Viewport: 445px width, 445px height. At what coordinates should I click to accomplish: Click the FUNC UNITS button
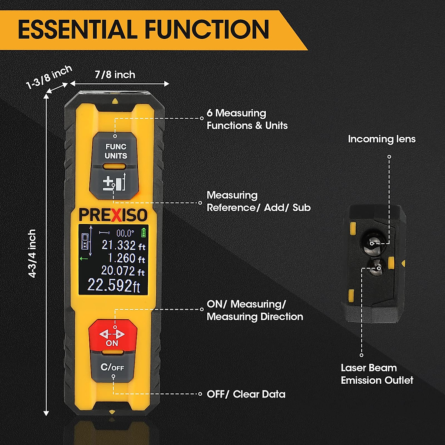tap(115, 151)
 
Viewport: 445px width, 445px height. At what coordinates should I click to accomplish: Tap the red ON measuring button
tap(112, 336)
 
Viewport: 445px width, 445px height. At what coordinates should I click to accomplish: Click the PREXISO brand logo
tap(113, 215)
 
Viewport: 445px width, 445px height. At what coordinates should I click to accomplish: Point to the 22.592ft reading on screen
tap(114, 286)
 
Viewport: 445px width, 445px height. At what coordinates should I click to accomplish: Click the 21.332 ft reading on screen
tap(123, 245)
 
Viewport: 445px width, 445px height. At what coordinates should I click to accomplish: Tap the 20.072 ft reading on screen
tap(123, 271)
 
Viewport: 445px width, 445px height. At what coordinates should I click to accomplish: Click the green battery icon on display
tap(144, 233)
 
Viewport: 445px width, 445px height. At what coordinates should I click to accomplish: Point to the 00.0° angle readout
tap(125, 233)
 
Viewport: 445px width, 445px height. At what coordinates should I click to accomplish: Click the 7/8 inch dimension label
tap(115, 75)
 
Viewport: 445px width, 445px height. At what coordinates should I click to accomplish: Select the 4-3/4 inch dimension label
tap(33, 253)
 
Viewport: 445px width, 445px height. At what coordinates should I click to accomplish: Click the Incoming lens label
tap(382, 139)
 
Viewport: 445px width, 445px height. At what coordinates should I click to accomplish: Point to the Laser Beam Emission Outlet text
tap(377, 374)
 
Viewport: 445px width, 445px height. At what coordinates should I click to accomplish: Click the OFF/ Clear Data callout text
tap(246, 394)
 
